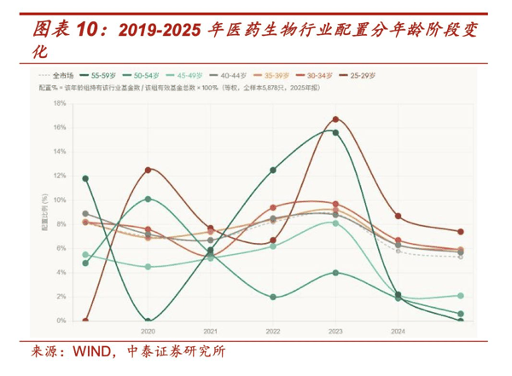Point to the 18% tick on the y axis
coord(60,103)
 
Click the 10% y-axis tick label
coord(60,200)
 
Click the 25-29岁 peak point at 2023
coord(335,119)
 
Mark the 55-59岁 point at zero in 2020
coord(148,321)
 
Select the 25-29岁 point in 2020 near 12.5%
coord(148,170)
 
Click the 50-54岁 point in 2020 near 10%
coord(148,199)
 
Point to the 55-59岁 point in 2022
coord(273,170)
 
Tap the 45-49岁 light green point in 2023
coord(335,223)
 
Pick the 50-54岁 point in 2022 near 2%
coord(273,297)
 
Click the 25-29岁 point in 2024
coord(398,217)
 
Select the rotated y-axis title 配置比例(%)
coord(45,211)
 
